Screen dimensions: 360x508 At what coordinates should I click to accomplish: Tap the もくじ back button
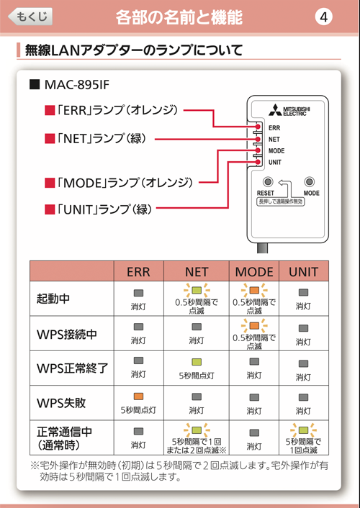click(30, 17)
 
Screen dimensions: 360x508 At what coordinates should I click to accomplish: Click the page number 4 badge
click(323, 17)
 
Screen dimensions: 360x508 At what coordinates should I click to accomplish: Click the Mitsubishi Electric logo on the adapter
click(289, 110)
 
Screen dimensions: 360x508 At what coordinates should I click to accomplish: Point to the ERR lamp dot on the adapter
click(258, 127)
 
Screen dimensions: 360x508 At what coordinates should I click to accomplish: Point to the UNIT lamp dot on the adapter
click(258, 162)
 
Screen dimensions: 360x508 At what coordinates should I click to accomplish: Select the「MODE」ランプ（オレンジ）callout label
click(119, 183)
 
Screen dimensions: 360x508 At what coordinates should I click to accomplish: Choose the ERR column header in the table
click(138, 271)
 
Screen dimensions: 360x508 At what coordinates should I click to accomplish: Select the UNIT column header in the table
click(304, 271)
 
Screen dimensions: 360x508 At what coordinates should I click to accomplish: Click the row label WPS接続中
click(67, 334)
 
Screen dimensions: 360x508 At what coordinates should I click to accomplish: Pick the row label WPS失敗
click(61, 403)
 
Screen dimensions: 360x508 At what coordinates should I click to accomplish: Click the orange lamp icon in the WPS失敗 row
click(138, 396)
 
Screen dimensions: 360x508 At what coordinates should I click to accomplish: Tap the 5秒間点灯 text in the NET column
click(197, 376)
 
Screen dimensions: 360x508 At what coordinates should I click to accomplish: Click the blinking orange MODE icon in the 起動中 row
click(254, 290)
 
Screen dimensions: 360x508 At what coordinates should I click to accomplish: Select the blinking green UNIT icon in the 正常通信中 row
click(303, 430)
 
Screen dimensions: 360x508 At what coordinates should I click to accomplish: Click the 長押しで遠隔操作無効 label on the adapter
click(281, 201)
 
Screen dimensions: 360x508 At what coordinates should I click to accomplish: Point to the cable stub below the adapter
click(262, 248)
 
